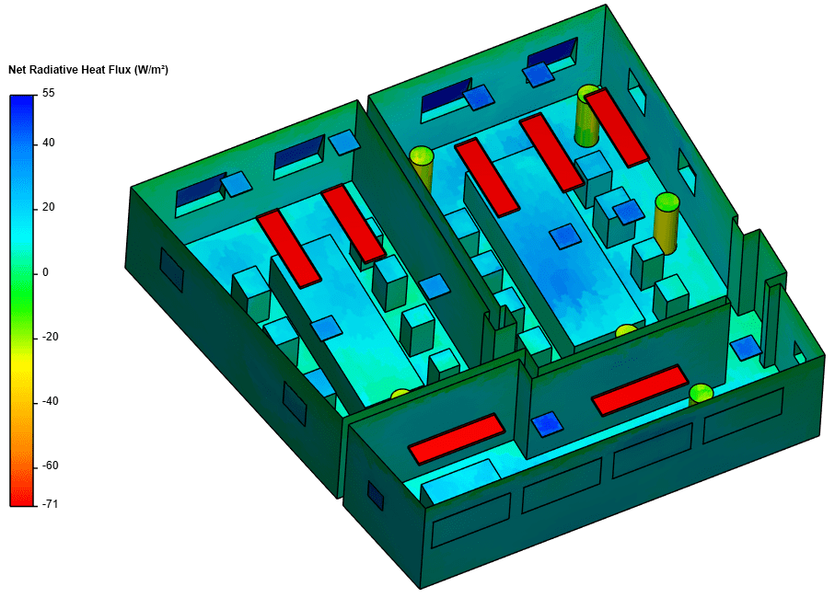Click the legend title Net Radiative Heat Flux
pos(70,70)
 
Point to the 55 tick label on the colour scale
pos(49,93)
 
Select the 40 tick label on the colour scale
pos(49,143)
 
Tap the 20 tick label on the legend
pos(49,207)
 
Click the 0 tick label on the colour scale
pos(45,272)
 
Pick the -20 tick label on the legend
pos(50,337)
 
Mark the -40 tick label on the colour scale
pos(50,401)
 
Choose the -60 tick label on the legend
pos(50,466)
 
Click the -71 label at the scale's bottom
pos(50,504)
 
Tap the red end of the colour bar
pos(21,498)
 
